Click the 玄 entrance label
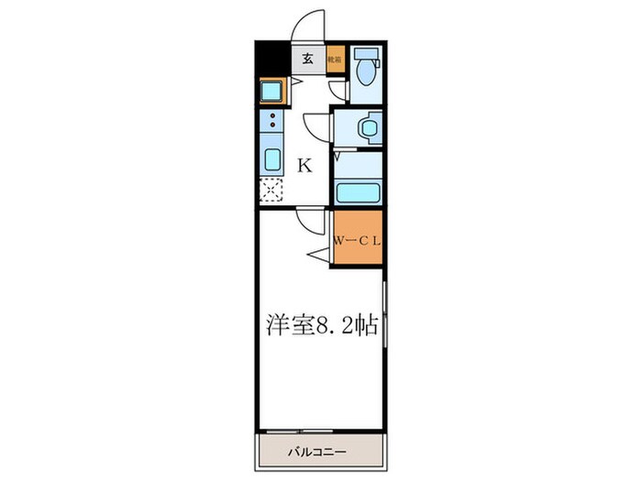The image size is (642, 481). (x=307, y=59)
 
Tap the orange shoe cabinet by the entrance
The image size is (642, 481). (x=336, y=58)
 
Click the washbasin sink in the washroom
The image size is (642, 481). (x=368, y=127)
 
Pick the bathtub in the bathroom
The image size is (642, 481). (x=358, y=193)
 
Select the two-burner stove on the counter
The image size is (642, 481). (x=272, y=121)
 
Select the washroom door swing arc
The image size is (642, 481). (x=317, y=124)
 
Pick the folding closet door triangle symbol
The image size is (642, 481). (x=322, y=254)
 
